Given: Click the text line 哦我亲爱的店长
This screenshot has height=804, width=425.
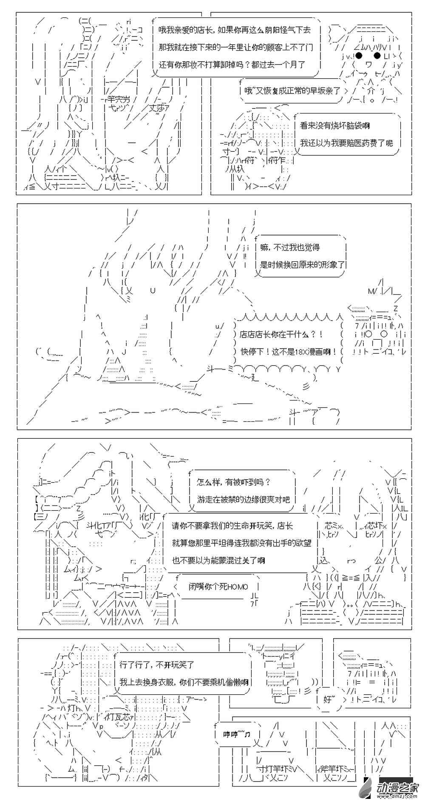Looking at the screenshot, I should point(235,30).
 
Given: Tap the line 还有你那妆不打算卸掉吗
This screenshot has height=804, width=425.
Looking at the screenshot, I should point(232,65).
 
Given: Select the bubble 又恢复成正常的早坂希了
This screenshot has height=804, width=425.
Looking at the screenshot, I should point(292,91).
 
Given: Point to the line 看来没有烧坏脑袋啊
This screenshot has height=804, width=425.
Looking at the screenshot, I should point(334,126).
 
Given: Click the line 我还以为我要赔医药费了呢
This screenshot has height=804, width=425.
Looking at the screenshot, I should point(346,143).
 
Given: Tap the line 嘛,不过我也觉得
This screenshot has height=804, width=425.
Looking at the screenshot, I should point(290,247).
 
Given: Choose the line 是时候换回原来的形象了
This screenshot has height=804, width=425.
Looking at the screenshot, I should point(302,264).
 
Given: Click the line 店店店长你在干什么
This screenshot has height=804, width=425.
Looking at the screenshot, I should point(281,335).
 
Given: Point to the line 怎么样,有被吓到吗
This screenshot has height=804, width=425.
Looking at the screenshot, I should point(233,482).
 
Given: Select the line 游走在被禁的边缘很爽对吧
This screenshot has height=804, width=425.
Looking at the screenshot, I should point(243,499).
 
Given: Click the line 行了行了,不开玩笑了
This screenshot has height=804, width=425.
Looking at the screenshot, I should point(157,665).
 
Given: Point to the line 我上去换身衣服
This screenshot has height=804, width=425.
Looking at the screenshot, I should point(184,682).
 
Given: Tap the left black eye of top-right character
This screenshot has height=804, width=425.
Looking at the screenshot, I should point(359,56).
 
